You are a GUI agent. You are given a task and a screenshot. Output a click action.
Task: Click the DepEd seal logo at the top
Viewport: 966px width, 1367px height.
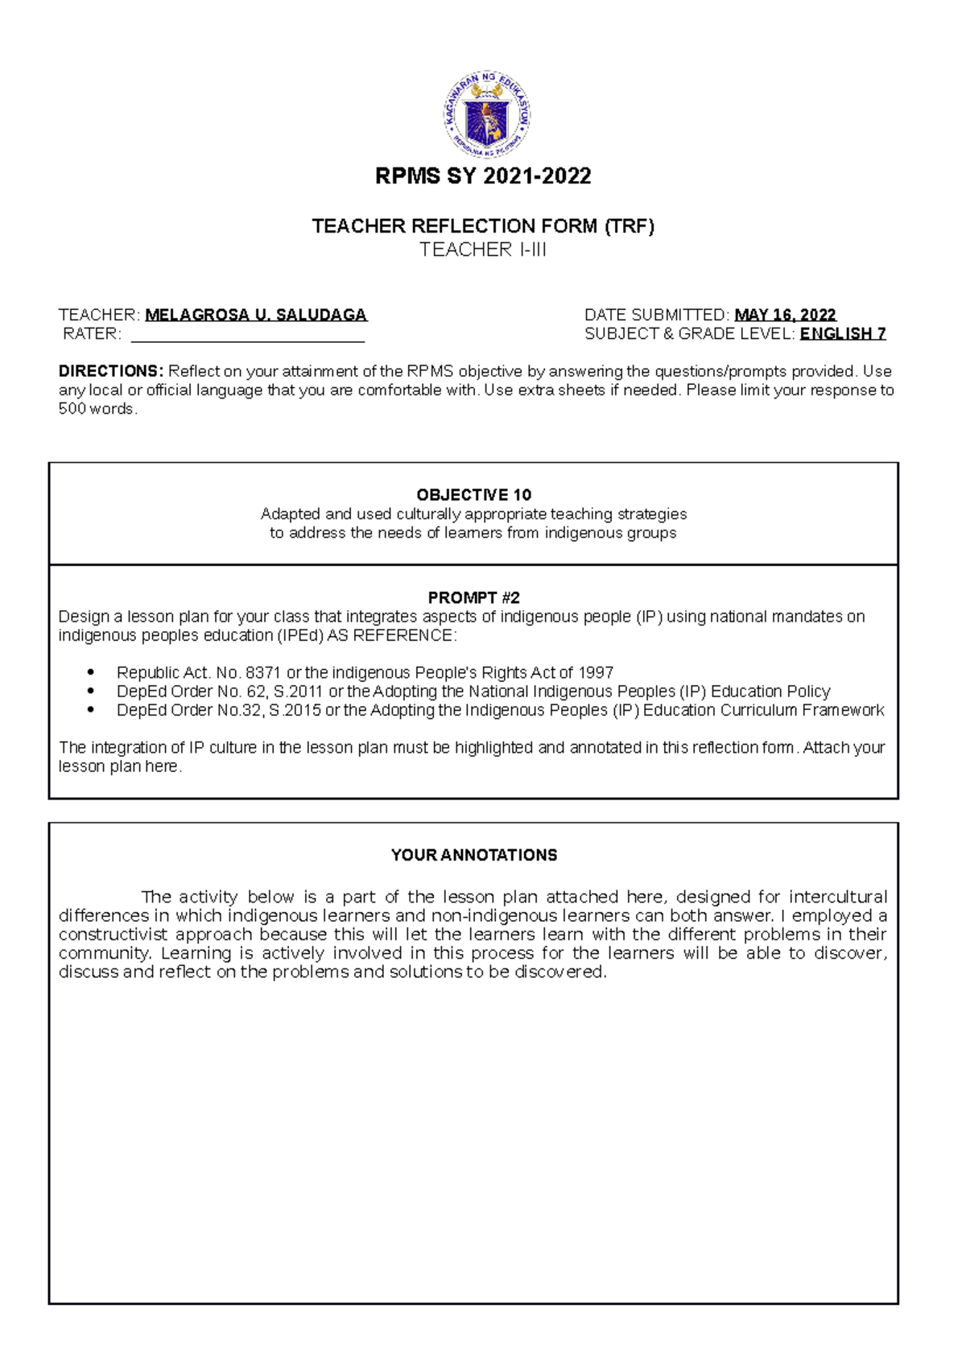click(486, 114)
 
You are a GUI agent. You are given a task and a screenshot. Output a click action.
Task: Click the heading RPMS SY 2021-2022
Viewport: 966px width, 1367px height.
click(483, 176)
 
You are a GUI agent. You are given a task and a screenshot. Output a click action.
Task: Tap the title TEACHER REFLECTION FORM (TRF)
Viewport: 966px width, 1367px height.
click(483, 226)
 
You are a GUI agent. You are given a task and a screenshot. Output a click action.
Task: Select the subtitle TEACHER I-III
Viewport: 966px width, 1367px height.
click(483, 250)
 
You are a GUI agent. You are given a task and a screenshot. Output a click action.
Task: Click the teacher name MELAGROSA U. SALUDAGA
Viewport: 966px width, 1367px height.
click(256, 315)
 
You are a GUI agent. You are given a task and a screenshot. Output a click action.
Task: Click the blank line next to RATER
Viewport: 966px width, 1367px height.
click(247, 334)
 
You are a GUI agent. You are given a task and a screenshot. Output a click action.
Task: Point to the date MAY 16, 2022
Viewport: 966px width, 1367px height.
click(785, 315)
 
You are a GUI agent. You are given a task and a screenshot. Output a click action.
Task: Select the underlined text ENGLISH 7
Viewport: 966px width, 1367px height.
click(843, 333)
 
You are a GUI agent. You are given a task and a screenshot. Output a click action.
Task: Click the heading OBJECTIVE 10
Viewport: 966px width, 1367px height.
click(473, 495)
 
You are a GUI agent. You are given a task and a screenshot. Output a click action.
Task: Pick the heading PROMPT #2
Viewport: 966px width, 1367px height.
click(473, 597)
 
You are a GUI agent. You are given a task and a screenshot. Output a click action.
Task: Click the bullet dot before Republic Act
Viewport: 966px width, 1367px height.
click(91, 672)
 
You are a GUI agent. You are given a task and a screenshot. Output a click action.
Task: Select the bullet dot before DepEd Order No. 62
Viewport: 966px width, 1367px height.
click(91, 691)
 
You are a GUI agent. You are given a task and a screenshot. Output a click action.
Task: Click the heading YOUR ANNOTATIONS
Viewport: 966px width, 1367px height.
click(473, 855)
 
